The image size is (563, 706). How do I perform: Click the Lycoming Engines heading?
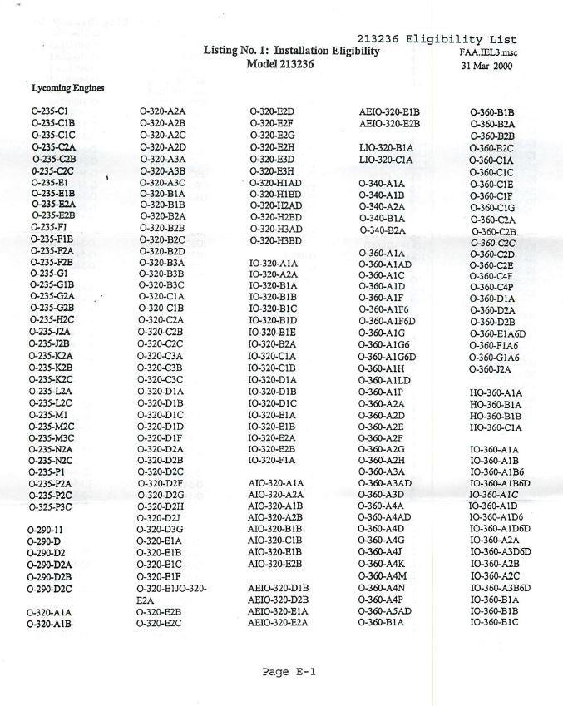62,88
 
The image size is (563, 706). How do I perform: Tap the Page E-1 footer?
289,672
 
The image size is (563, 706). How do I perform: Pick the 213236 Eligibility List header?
436,39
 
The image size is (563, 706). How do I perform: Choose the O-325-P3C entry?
52,506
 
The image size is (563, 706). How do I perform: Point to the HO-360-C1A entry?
496,427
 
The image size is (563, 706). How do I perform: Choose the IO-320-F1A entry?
273,459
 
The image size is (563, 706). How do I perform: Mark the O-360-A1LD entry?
386,381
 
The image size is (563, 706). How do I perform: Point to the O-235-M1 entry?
47,413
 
